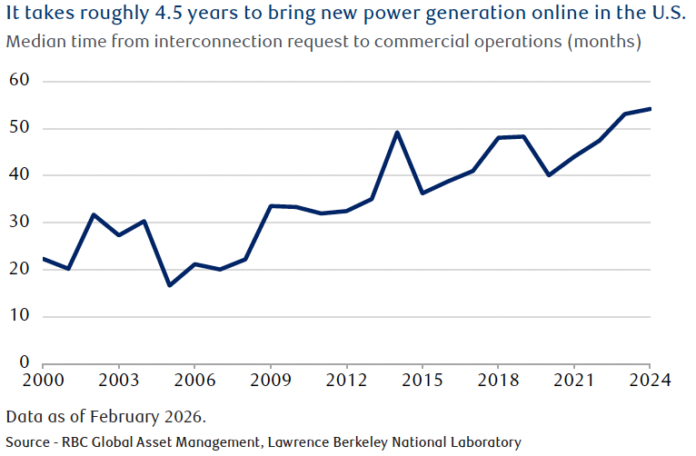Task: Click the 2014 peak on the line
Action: click(x=397, y=133)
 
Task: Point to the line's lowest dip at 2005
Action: click(x=169, y=285)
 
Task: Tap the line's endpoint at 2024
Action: click(x=651, y=109)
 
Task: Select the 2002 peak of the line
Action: click(x=94, y=215)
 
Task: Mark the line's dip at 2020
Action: click(x=549, y=174)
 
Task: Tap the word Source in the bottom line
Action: click(x=29, y=442)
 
